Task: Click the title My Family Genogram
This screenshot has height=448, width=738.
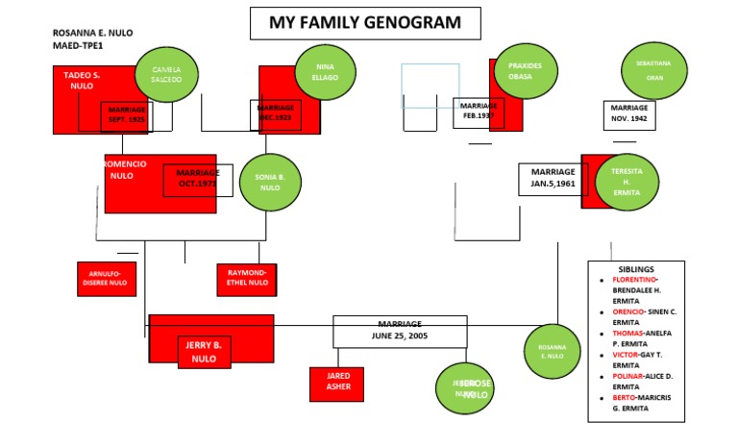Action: pyautogui.click(x=365, y=23)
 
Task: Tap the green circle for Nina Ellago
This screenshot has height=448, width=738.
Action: pyautogui.click(x=325, y=71)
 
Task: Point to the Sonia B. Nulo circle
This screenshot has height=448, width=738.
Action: pyautogui.click(x=270, y=182)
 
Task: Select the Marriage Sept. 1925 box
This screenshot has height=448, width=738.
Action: pyautogui.click(x=126, y=115)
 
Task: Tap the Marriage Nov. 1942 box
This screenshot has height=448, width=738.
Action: pyautogui.click(x=629, y=114)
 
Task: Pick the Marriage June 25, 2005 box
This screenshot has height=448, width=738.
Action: pyautogui.click(x=400, y=331)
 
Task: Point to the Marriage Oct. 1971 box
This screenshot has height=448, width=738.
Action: pyautogui.click(x=197, y=180)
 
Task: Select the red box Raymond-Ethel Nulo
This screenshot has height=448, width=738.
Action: pyautogui.click(x=246, y=278)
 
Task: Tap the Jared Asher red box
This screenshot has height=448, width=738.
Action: pyautogui.click(x=336, y=383)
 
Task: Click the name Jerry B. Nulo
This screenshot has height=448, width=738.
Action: pyautogui.click(x=203, y=351)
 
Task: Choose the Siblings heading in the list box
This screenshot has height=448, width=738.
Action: pyautogui.click(x=636, y=269)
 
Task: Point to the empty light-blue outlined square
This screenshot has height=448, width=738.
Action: pyautogui.click(x=430, y=85)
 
